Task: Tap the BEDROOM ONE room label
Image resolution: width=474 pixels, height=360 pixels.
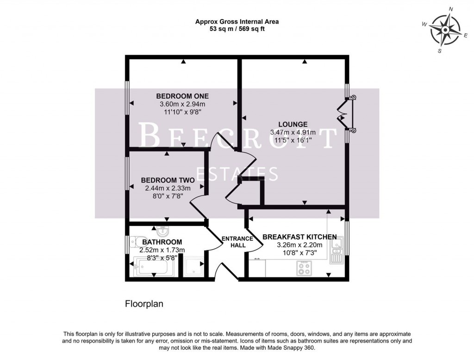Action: pyautogui.click(x=182, y=96)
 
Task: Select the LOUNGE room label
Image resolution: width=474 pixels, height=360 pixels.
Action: pyautogui.click(x=293, y=124)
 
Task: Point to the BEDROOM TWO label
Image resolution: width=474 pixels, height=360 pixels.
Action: pyautogui.click(x=165, y=180)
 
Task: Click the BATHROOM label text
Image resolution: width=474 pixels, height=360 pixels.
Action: pyautogui.click(x=162, y=242)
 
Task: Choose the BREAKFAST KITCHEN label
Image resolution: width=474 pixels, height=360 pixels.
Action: pyautogui.click(x=299, y=237)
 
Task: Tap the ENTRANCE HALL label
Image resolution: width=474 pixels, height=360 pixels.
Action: pyautogui.click(x=237, y=242)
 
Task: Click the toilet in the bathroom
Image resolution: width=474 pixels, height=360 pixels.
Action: pyautogui.click(x=135, y=240)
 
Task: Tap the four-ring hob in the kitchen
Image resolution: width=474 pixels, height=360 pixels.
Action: pyautogui.click(x=304, y=268)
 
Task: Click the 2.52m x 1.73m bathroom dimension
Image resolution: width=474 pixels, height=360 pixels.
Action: pyautogui.click(x=162, y=250)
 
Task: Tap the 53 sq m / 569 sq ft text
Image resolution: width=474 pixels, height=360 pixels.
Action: pyautogui.click(x=237, y=29)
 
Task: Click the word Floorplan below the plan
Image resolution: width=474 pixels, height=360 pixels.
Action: pyautogui.click(x=144, y=304)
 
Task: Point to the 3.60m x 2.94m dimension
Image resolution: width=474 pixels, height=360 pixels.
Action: pyautogui.click(x=182, y=104)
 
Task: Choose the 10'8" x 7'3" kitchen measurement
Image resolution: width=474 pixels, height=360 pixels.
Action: pyautogui.click(x=299, y=253)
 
